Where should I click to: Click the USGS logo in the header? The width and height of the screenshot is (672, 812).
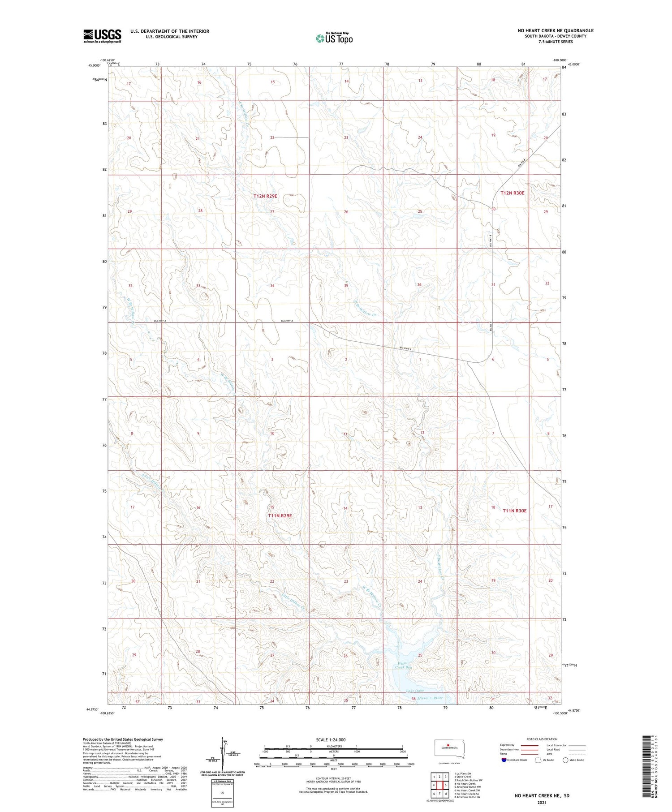pos(102,36)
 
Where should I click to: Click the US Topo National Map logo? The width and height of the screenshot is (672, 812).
pos(334,38)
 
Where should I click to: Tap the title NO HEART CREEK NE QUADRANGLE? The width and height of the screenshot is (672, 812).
pos(556,30)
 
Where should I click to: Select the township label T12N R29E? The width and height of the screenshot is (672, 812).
pos(265,196)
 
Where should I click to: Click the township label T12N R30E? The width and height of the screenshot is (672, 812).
pos(512,193)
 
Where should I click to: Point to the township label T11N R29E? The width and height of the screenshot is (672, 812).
pos(280,516)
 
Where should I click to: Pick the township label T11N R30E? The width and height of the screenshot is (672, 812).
pos(514,511)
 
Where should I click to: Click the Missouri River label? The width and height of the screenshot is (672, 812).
pos(430,698)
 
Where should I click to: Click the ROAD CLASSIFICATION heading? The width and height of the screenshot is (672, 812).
pos(542,739)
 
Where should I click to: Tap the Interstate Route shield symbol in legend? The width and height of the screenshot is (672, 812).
pos(504,760)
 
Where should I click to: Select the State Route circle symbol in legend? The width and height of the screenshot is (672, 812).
pos(565,760)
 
